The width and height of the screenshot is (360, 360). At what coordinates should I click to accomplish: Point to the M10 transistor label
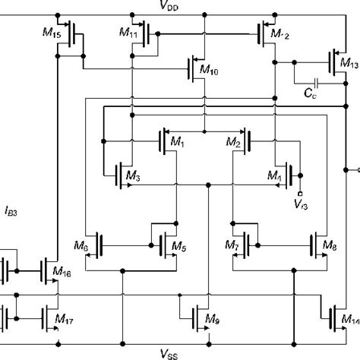(209, 71)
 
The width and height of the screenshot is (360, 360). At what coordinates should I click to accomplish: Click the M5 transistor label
(178, 246)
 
